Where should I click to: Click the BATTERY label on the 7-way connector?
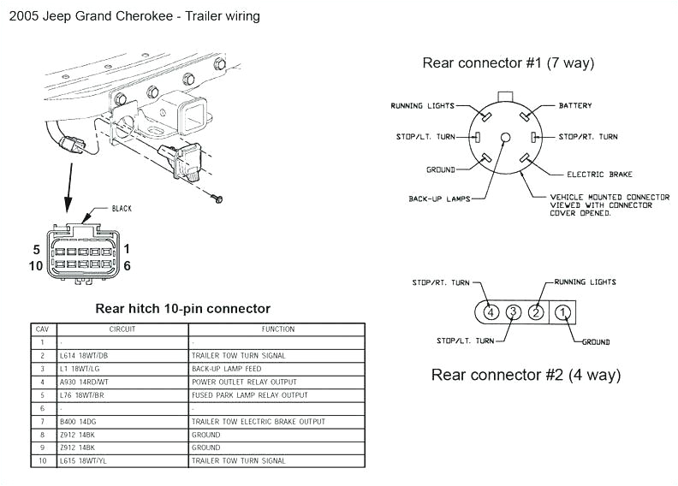click(x=574, y=106)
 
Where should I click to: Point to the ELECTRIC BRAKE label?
click(x=599, y=175)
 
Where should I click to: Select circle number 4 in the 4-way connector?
click(x=490, y=312)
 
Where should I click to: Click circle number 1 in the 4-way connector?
click(x=562, y=312)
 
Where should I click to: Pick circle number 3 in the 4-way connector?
click(x=512, y=312)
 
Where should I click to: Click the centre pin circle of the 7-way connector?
click(x=505, y=137)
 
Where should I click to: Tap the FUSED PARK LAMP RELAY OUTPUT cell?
click(x=248, y=395)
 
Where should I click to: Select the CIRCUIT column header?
click(x=122, y=329)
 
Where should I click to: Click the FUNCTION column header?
click(x=277, y=329)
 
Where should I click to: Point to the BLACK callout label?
click(x=122, y=208)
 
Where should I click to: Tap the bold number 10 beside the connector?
click(x=36, y=265)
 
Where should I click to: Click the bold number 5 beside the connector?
click(x=36, y=250)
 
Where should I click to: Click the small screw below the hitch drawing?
click(x=217, y=199)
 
